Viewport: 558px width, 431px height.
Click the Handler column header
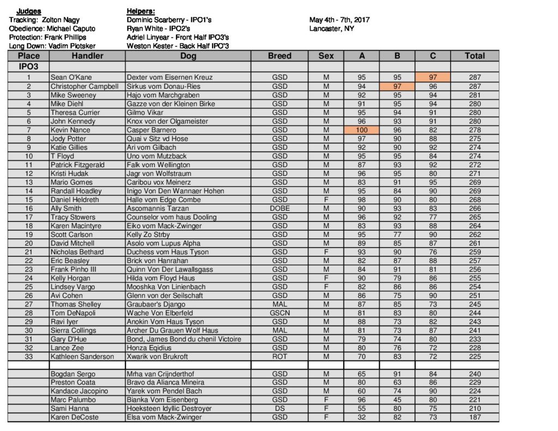(x=87, y=56)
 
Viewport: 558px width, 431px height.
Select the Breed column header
(x=280, y=56)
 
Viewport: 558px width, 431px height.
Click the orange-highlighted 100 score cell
(x=362, y=130)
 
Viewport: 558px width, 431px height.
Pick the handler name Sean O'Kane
(x=71, y=77)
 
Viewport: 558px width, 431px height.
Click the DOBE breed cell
(x=280, y=209)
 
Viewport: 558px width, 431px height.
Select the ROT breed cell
(x=280, y=357)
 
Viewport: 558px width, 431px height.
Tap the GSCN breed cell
(x=280, y=313)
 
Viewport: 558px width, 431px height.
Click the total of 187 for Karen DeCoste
(x=475, y=417)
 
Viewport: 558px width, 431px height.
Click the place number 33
(x=28, y=357)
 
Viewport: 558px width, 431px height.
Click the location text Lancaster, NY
(x=331, y=28)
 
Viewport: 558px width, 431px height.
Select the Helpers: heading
(x=141, y=11)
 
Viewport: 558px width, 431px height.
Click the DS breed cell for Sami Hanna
(x=280, y=409)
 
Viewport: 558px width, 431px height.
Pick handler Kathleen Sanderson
(x=82, y=357)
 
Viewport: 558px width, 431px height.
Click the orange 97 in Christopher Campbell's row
(x=397, y=86)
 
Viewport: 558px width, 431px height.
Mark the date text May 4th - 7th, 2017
(x=339, y=20)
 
